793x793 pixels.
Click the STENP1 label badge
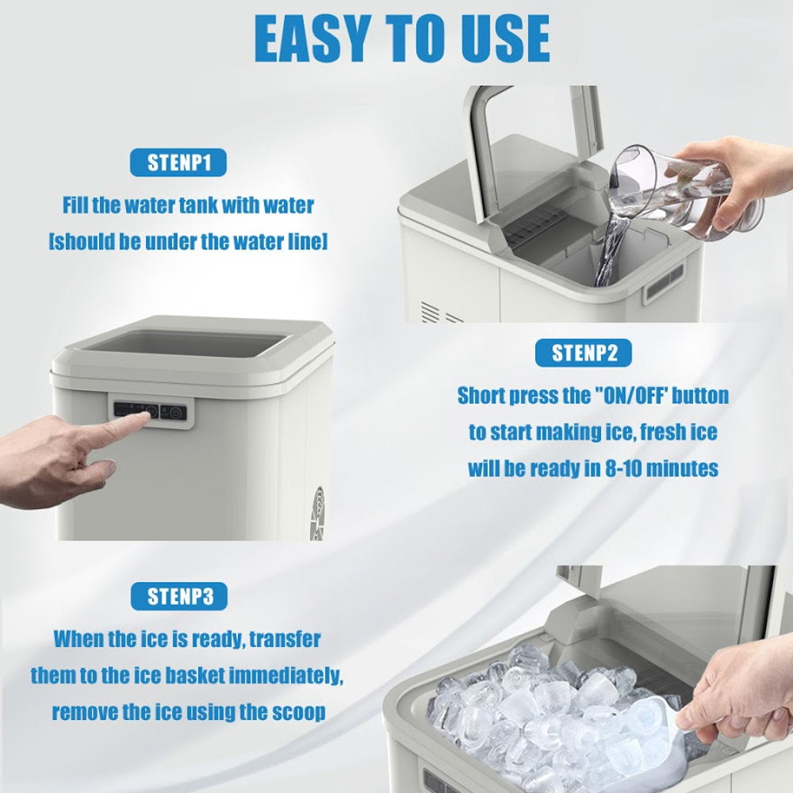pyautogui.click(x=178, y=163)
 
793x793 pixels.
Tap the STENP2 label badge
pyautogui.click(x=583, y=353)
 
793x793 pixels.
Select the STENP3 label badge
pyautogui.click(x=179, y=596)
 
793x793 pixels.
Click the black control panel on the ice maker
pyautogui.click(x=150, y=412)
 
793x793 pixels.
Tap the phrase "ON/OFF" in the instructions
pyautogui.click(x=627, y=396)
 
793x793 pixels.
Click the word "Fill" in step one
pyautogui.click(x=76, y=205)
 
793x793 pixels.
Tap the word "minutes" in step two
pyautogui.click(x=682, y=469)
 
